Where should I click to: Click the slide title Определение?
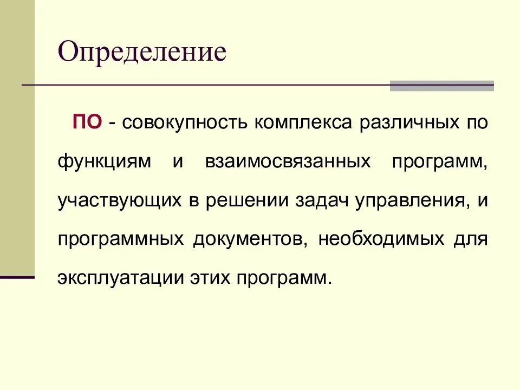142,53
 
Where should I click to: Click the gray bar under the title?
441,86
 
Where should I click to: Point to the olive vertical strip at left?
17,135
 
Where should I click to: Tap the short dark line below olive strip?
17,277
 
